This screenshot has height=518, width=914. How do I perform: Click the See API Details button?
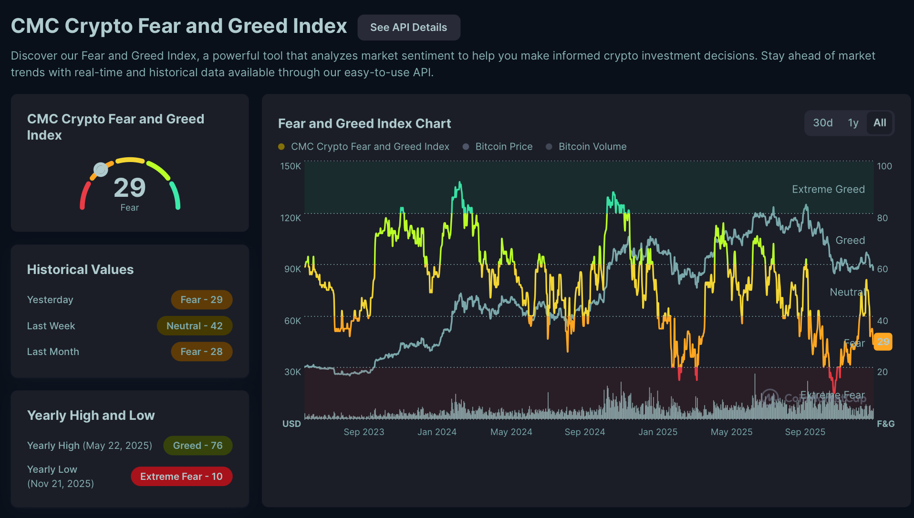click(408, 28)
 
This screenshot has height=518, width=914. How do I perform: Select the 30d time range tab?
click(822, 123)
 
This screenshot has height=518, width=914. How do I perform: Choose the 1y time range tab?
click(853, 123)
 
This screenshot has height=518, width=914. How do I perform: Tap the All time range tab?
click(880, 123)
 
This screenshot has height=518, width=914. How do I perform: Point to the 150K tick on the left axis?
click(291, 166)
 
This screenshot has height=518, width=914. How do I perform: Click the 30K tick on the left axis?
click(292, 372)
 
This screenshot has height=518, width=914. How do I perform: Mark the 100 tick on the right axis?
click(884, 166)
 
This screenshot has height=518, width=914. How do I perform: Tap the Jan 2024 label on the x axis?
click(437, 432)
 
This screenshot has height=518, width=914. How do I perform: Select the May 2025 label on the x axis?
click(731, 432)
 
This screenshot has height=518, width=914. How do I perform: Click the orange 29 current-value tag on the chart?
click(883, 342)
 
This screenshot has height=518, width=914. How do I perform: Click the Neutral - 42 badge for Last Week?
click(195, 326)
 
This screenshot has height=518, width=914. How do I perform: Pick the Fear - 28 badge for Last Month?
click(201, 352)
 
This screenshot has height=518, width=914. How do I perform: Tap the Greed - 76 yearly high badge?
click(197, 446)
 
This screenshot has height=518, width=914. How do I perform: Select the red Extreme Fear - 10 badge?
click(181, 477)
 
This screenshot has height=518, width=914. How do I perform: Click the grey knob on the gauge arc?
click(101, 169)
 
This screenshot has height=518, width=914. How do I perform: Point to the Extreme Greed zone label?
click(828, 189)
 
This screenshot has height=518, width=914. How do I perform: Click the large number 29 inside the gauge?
click(130, 188)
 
